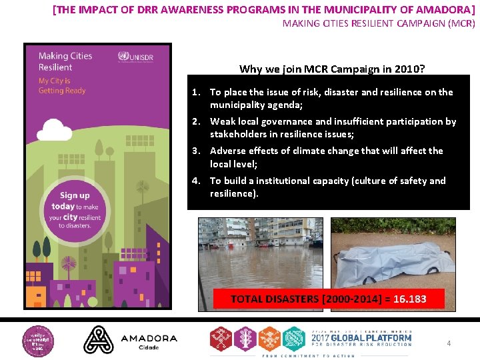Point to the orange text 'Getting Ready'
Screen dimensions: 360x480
pyautogui.click(x=62, y=90)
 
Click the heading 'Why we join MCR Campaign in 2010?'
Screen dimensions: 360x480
pyautogui.click(x=333, y=69)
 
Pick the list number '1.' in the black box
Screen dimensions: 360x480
pyautogui.click(x=196, y=92)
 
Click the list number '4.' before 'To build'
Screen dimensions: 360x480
pyautogui.click(x=196, y=181)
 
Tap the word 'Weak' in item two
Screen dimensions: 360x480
pyautogui.click(x=222, y=121)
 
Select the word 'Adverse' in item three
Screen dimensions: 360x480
pyautogui.click(x=228, y=151)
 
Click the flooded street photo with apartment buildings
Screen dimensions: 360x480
pyautogui.click(x=259, y=253)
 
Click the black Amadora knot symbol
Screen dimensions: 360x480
pyautogui.click(x=98, y=339)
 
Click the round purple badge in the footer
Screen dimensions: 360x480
pyautogui.click(x=39, y=339)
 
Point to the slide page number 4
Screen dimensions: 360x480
pyautogui.click(x=449, y=343)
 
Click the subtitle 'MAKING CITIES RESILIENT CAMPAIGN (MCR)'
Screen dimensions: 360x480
pyautogui.click(x=379, y=23)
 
